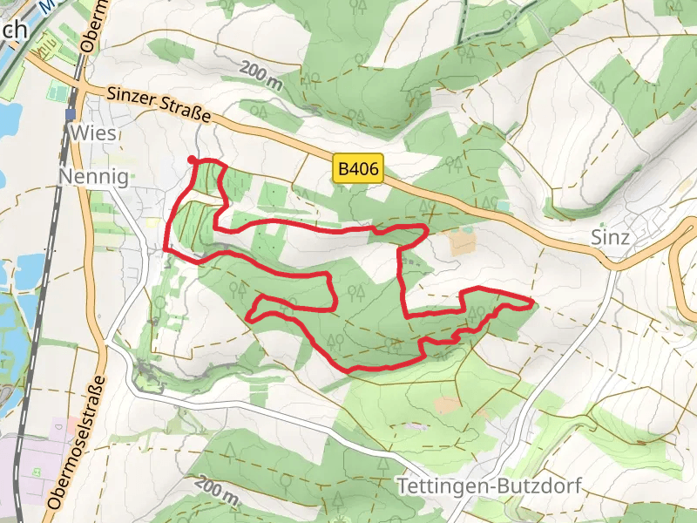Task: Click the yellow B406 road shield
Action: [358, 170]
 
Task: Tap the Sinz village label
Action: [609, 237]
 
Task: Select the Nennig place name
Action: [93, 178]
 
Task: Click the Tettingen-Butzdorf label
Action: [488, 486]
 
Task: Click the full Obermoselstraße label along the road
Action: [77, 442]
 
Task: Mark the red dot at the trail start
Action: [192, 159]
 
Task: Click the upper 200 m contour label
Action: [262, 75]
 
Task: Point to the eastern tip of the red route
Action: [531, 302]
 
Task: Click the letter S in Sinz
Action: [597, 237]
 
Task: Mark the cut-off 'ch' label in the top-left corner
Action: [15, 30]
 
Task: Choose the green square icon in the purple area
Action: [37, 472]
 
